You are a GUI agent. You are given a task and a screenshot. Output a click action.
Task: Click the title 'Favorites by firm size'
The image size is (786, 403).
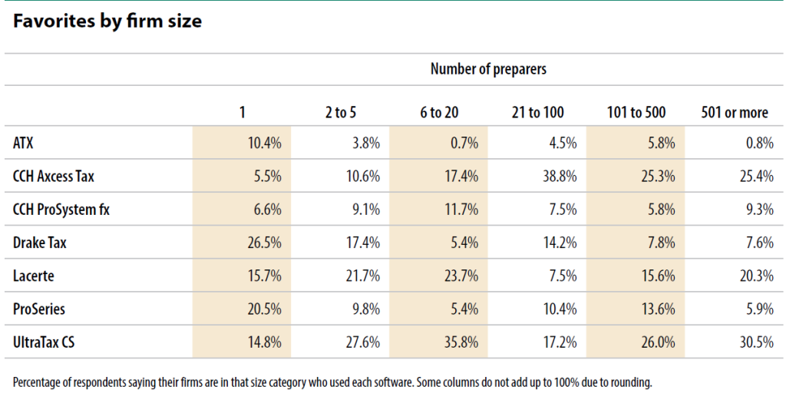pyautogui.click(x=107, y=21)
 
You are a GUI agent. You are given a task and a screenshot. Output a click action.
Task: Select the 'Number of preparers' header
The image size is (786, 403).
pyautogui.click(x=488, y=68)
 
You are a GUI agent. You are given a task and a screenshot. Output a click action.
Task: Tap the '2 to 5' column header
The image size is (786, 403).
pyautogui.click(x=340, y=112)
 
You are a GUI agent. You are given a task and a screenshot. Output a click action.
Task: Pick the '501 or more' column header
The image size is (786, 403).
pyautogui.click(x=735, y=112)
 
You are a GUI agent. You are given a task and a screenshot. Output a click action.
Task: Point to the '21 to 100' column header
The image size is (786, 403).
pyautogui.click(x=537, y=112)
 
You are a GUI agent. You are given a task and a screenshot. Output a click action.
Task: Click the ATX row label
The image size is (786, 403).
pyautogui.click(x=23, y=143)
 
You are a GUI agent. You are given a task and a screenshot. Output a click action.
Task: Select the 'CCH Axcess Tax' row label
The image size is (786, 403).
pyautogui.click(x=53, y=176)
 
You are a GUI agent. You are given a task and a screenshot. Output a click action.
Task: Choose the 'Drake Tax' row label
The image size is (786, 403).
pyautogui.click(x=40, y=243)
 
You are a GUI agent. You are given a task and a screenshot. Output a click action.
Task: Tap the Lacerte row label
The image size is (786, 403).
pyautogui.click(x=34, y=276)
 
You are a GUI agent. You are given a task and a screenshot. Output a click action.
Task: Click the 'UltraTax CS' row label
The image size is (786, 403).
pyautogui.click(x=44, y=342)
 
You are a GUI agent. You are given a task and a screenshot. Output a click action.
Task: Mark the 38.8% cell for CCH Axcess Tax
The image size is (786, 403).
pyautogui.click(x=560, y=177)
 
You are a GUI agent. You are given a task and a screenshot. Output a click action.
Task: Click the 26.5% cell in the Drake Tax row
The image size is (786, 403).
pyautogui.click(x=265, y=243)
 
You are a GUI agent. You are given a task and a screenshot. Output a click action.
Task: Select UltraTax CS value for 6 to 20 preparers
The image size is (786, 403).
pyautogui.click(x=461, y=342)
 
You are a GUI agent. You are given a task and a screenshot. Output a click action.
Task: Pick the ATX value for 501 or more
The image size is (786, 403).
pyautogui.click(x=760, y=143)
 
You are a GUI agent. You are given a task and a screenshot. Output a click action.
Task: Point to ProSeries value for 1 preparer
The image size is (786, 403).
pyautogui.click(x=265, y=309)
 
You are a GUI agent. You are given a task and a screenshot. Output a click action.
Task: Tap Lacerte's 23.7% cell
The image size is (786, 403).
pyautogui.click(x=461, y=276)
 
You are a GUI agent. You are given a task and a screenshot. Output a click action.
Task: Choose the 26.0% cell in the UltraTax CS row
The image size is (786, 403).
pyautogui.click(x=658, y=342)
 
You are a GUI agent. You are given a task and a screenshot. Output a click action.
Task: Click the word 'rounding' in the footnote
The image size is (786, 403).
pyautogui.click(x=633, y=383)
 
